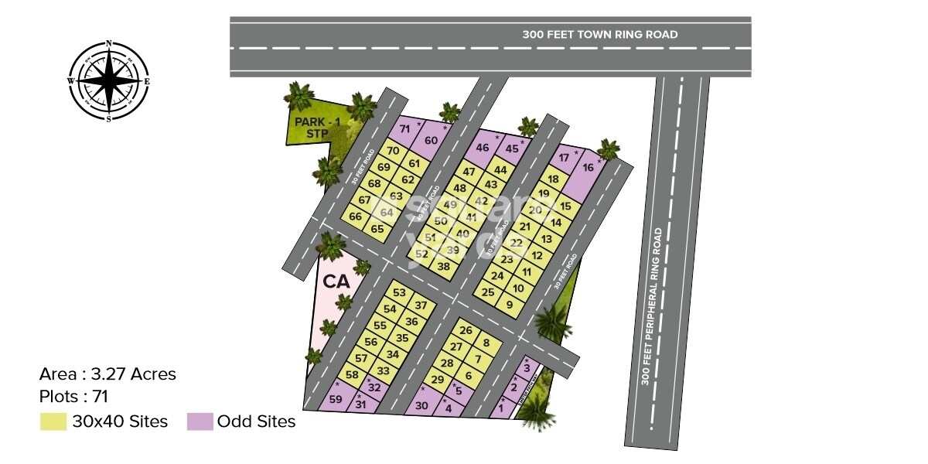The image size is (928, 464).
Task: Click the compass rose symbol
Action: pyautogui.click(x=108, y=81)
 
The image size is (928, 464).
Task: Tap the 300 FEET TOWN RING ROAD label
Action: pyautogui.click(x=599, y=34)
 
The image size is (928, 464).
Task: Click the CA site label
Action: pyautogui.click(x=337, y=281)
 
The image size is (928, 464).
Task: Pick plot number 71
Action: pyautogui.click(x=404, y=128)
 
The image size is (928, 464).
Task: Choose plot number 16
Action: pyautogui.click(x=588, y=167)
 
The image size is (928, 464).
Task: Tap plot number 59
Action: pyautogui.click(x=336, y=399)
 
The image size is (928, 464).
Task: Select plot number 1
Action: pyautogui.click(x=501, y=405)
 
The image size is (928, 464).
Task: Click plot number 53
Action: pyautogui.click(x=399, y=293)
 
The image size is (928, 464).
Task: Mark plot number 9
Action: pyautogui.click(x=509, y=305)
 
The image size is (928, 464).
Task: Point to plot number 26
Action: pyautogui.click(x=466, y=331)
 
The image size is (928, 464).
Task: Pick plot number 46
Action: pyautogui.click(x=483, y=148)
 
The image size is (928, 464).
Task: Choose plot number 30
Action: pyautogui.click(x=421, y=405)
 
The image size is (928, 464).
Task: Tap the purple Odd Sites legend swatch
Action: pyautogui.click(x=200, y=422)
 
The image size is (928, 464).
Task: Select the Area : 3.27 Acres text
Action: pyautogui.click(x=107, y=374)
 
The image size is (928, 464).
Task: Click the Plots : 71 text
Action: pyautogui.click(x=73, y=397)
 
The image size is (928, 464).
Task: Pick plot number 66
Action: pyautogui.click(x=356, y=217)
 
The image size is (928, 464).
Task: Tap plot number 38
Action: pyautogui.click(x=443, y=267)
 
